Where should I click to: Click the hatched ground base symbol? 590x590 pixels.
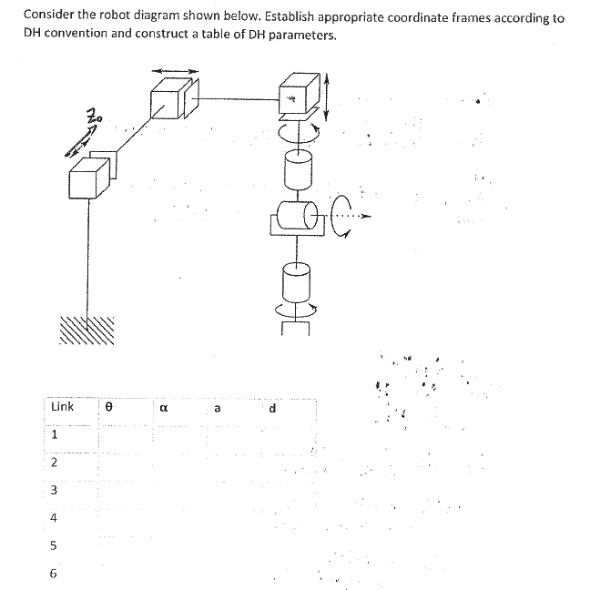click(89, 329)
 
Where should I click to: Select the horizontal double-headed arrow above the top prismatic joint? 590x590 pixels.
click(174, 70)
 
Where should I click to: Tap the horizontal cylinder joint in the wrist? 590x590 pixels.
click(297, 219)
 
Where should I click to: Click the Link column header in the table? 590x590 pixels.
click(62, 407)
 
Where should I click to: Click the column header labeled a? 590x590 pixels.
click(217, 409)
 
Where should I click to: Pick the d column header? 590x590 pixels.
click(272, 408)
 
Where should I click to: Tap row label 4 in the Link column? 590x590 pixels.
click(54, 518)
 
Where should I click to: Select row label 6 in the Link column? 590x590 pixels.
click(54, 574)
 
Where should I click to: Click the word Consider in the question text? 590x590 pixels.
click(50, 15)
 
